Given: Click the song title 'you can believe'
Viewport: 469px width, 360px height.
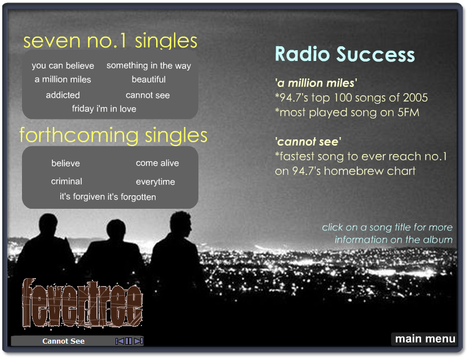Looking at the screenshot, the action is (x=63, y=65).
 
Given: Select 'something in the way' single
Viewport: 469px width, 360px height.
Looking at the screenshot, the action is (x=149, y=65).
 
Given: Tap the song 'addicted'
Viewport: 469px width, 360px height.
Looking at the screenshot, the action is (x=63, y=95).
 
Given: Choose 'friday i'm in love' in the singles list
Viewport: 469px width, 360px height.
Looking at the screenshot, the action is (x=104, y=108).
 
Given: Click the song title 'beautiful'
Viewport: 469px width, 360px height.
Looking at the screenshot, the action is (x=149, y=80).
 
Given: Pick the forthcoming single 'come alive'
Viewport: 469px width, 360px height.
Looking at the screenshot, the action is (x=157, y=163).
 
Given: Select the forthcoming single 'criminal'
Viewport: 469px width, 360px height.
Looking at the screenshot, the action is (x=67, y=181).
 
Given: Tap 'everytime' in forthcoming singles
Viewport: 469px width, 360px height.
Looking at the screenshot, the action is (x=156, y=182).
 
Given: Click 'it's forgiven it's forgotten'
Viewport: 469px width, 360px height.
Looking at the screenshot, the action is (x=108, y=197).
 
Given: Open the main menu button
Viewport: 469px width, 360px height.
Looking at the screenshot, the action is (x=425, y=339).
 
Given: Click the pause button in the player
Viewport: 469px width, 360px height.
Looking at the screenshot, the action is (x=129, y=341).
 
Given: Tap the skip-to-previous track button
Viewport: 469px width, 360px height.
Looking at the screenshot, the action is (x=120, y=341).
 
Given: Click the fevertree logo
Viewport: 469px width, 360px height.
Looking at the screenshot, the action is (x=82, y=304).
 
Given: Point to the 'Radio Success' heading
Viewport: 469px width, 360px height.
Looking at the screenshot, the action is (x=345, y=54).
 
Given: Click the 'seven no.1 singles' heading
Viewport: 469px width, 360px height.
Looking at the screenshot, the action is (x=110, y=41).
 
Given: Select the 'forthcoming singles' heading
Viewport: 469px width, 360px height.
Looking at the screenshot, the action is (x=113, y=135).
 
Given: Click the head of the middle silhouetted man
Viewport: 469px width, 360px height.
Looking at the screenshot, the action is (x=116, y=230).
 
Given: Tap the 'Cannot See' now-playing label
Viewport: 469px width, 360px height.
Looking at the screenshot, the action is (x=63, y=341).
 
